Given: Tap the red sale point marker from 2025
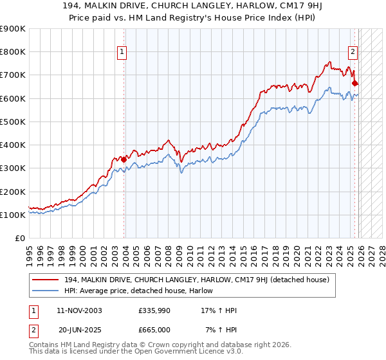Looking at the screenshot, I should (x=354, y=83).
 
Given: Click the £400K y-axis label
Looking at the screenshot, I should (x=14, y=145).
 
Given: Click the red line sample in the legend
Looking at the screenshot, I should (x=46, y=280).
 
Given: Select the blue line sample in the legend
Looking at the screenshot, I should (x=46, y=291).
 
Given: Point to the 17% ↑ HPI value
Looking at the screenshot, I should (x=219, y=310).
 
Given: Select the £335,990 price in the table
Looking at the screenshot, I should (x=154, y=310).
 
